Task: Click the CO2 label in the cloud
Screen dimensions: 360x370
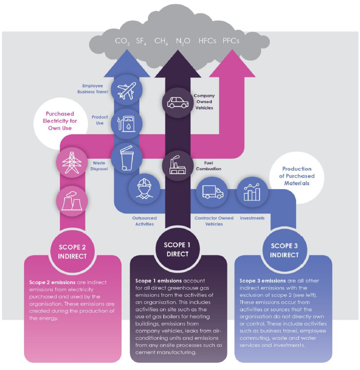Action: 122,42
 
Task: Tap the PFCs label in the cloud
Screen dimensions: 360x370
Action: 231,41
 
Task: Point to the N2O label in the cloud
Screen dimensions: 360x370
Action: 183,42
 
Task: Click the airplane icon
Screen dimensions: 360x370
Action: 126,91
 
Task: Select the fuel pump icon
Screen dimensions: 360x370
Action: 126,124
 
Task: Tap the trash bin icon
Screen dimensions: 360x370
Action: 127,158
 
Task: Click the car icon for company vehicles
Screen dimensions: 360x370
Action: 178,102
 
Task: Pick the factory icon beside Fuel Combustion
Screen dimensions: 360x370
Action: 178,165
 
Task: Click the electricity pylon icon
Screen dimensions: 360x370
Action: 72,162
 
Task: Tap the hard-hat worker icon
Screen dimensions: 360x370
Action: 144,188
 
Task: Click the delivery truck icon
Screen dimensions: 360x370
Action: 213,192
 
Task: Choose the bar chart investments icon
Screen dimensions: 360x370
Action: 252,192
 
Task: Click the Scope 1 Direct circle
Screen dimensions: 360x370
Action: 178,250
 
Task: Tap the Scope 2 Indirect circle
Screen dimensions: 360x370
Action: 72,252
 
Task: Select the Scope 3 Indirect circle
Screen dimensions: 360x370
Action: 284,251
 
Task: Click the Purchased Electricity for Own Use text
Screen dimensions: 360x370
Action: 60,121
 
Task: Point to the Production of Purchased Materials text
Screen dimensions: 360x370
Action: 297,176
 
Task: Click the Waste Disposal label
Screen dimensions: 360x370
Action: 99,166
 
